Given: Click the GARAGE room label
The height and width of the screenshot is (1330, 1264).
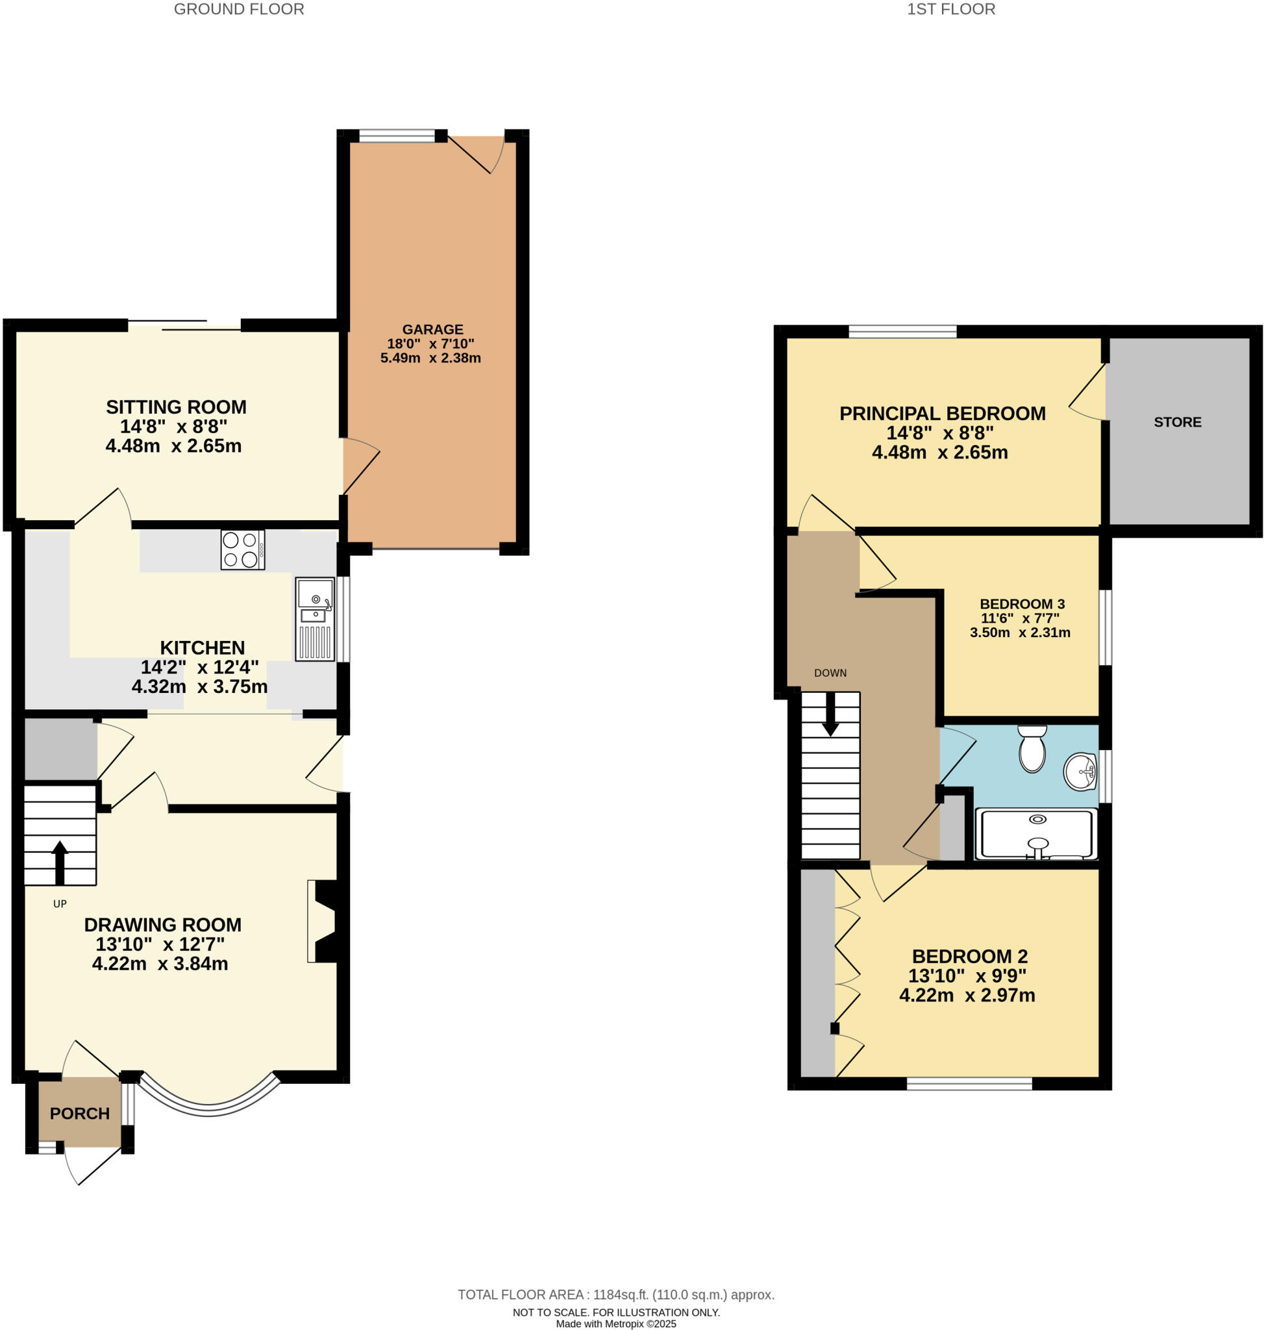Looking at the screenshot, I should (x=432, y=330).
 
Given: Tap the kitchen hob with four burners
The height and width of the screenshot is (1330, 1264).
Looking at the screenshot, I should (x=243, y=549).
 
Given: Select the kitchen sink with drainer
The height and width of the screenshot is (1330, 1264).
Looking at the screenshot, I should (x=315, y=618).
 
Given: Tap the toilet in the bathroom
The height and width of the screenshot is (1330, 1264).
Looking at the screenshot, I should (x=1032, y=749).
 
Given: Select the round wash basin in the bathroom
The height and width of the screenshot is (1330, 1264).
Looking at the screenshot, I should (x=1080, y=770).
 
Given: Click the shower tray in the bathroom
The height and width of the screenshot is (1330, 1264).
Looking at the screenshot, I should (x=1037, y=834).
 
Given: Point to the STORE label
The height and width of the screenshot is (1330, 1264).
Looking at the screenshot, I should (x=1177, y=422).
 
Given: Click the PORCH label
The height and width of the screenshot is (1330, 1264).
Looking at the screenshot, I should (x=79, y=1114).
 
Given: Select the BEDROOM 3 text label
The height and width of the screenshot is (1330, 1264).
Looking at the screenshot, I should (x=1021, y=604).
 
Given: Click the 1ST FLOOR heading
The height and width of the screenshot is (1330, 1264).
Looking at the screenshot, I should (x=950, y=10).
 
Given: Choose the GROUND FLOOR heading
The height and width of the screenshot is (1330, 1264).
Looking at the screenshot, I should (x=238, y=10).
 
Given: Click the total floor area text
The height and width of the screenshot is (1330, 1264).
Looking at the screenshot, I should (x=616, y=1294).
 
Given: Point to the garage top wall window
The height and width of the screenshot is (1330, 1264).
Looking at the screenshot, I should (x=397, y=136).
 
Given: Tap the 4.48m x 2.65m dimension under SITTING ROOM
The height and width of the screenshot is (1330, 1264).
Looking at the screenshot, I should (x=173, y=446).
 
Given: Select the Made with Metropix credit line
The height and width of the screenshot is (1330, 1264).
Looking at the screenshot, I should (x=616, y=1324).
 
